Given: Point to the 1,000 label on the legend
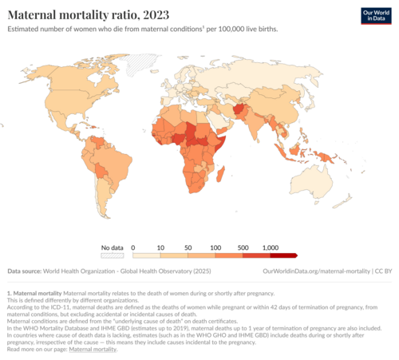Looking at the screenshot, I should [270, 247].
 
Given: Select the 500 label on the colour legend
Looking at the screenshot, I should [243, 247].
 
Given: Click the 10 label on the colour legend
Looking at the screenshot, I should [160, 247].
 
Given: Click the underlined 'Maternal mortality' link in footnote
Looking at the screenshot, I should [93, 349].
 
